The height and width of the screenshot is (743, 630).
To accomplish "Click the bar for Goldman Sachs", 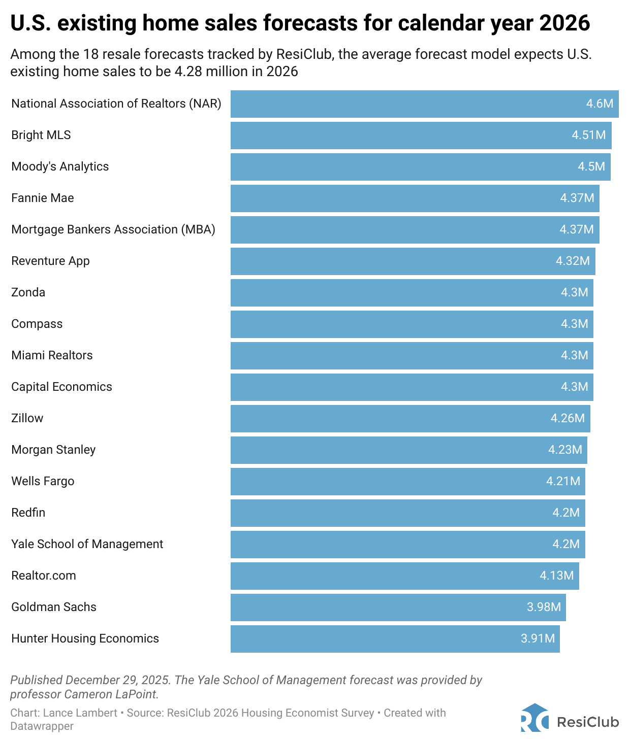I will tap(398, 607).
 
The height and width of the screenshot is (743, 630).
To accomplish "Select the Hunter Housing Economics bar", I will tap(395, 638).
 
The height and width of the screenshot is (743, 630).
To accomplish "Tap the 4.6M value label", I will tap(600, 104).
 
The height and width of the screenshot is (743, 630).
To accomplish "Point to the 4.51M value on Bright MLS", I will tap(588, 135).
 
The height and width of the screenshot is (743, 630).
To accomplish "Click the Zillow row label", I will tap(27, 418).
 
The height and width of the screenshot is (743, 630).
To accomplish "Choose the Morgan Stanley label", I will tap(53, 450).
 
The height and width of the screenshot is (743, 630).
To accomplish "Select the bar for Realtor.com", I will tap(404, 576).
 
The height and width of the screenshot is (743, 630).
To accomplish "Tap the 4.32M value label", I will tap(573, 261).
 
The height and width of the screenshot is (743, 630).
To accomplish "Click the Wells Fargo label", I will tap(43, 481).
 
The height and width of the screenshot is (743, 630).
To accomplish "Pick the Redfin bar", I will tap(407, 513).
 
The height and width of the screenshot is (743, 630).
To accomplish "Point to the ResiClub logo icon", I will tap(534, 718).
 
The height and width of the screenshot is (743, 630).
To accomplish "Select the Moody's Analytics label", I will tap(60, 166).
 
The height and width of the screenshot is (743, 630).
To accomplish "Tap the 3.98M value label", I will tap(544, 607).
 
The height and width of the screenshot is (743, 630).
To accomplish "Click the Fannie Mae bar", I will tap(415, 198).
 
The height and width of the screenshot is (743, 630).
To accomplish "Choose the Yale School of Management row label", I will tap(87, 544).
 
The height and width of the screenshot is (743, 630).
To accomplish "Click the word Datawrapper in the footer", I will tap(42, 726).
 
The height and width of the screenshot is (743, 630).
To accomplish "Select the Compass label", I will tap(37, 324).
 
